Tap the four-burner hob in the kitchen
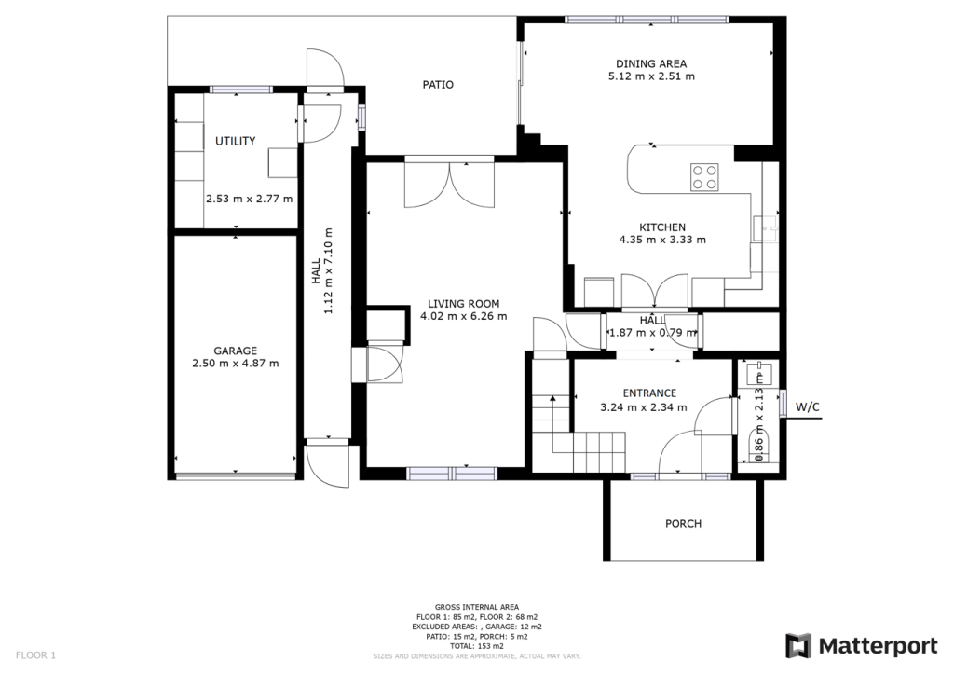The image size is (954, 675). click(704, 176)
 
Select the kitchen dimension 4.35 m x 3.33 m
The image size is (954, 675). click(662, 240)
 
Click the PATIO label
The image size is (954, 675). click(438, 85)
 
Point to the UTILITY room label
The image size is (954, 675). click(235, 142)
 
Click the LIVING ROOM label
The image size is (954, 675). click(463, 304)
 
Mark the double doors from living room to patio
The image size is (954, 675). click(441, 185)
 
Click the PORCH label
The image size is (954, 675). click(683, 524)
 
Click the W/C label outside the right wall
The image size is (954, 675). click(808, 407)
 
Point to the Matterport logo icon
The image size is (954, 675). click(798, 646)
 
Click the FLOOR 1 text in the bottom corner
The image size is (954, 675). click(36, 655)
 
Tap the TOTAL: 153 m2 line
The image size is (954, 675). click(476, 645)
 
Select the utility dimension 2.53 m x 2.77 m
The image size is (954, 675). click(249, 199)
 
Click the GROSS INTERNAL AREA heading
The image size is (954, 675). click(476, 607)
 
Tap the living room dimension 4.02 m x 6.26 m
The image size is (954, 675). click(463, 316)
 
